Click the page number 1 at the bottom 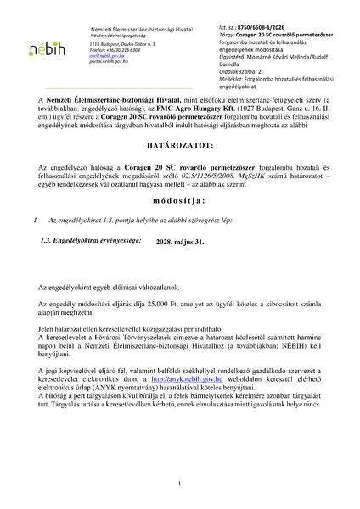click(180, 484)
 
